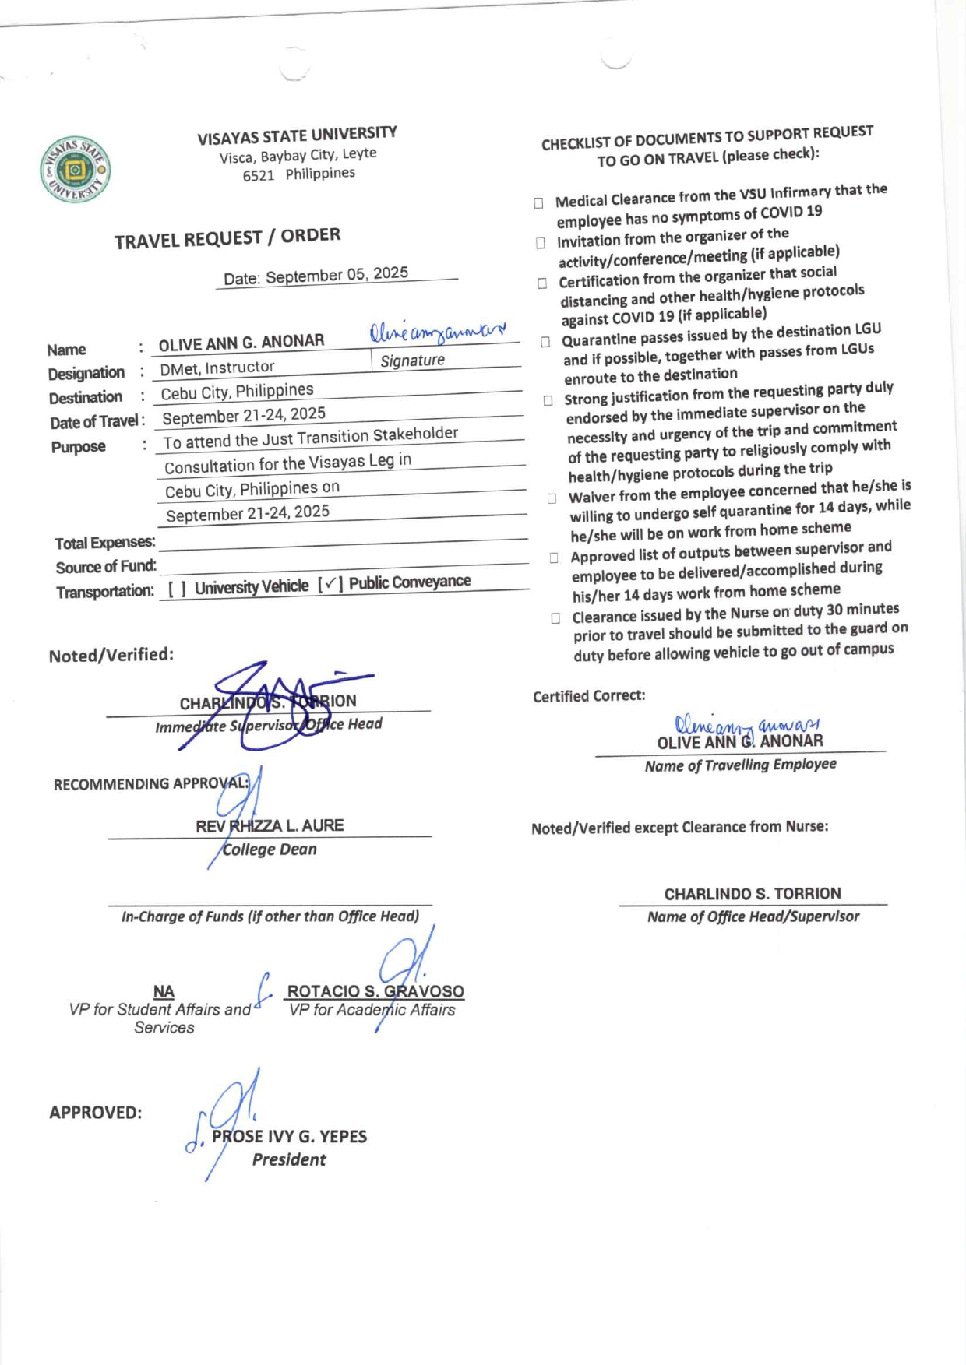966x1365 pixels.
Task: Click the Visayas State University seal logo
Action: click(75, 169)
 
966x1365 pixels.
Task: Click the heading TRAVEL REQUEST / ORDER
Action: click(227, 237)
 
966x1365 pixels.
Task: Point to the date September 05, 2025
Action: click(337, 275)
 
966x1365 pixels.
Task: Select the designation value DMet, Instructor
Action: click(217, 368)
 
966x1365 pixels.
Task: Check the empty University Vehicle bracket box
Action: click(177, 589)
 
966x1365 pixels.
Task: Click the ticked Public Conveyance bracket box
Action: click(330, 584)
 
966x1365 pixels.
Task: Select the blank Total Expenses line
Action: click(343, 540)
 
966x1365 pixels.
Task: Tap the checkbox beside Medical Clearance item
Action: click(538, 203)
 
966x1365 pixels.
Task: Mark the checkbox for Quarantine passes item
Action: click(545, 342)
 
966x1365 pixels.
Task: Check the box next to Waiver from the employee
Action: click(552, 498)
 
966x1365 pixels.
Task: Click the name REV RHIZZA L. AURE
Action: click(270, 825)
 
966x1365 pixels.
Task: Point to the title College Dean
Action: click(270, 850)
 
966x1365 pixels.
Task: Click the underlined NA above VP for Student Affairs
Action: click(164, 991)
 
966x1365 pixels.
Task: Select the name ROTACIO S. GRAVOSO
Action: click(375, 991)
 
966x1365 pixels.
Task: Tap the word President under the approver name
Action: click(289, 1159)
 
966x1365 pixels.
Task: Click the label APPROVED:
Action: click(95, 1113)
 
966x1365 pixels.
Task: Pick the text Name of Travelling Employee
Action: click(740, 765)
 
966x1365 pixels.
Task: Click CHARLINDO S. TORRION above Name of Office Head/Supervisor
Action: click(753, 893)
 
